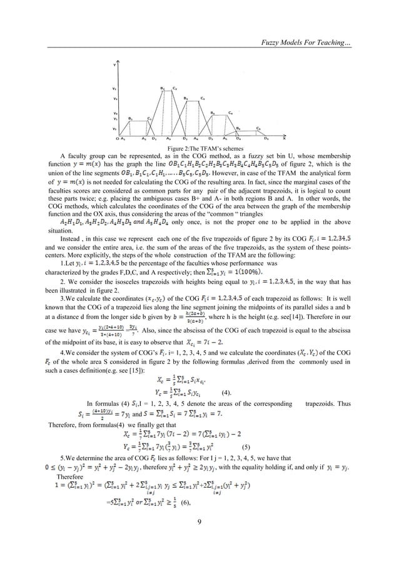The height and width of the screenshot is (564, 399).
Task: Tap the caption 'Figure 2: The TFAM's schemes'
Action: (x=199, y=147)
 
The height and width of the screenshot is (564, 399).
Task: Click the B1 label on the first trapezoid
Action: (x=130, y=118)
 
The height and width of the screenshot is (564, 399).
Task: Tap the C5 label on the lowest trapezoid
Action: (x=258, y=128)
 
